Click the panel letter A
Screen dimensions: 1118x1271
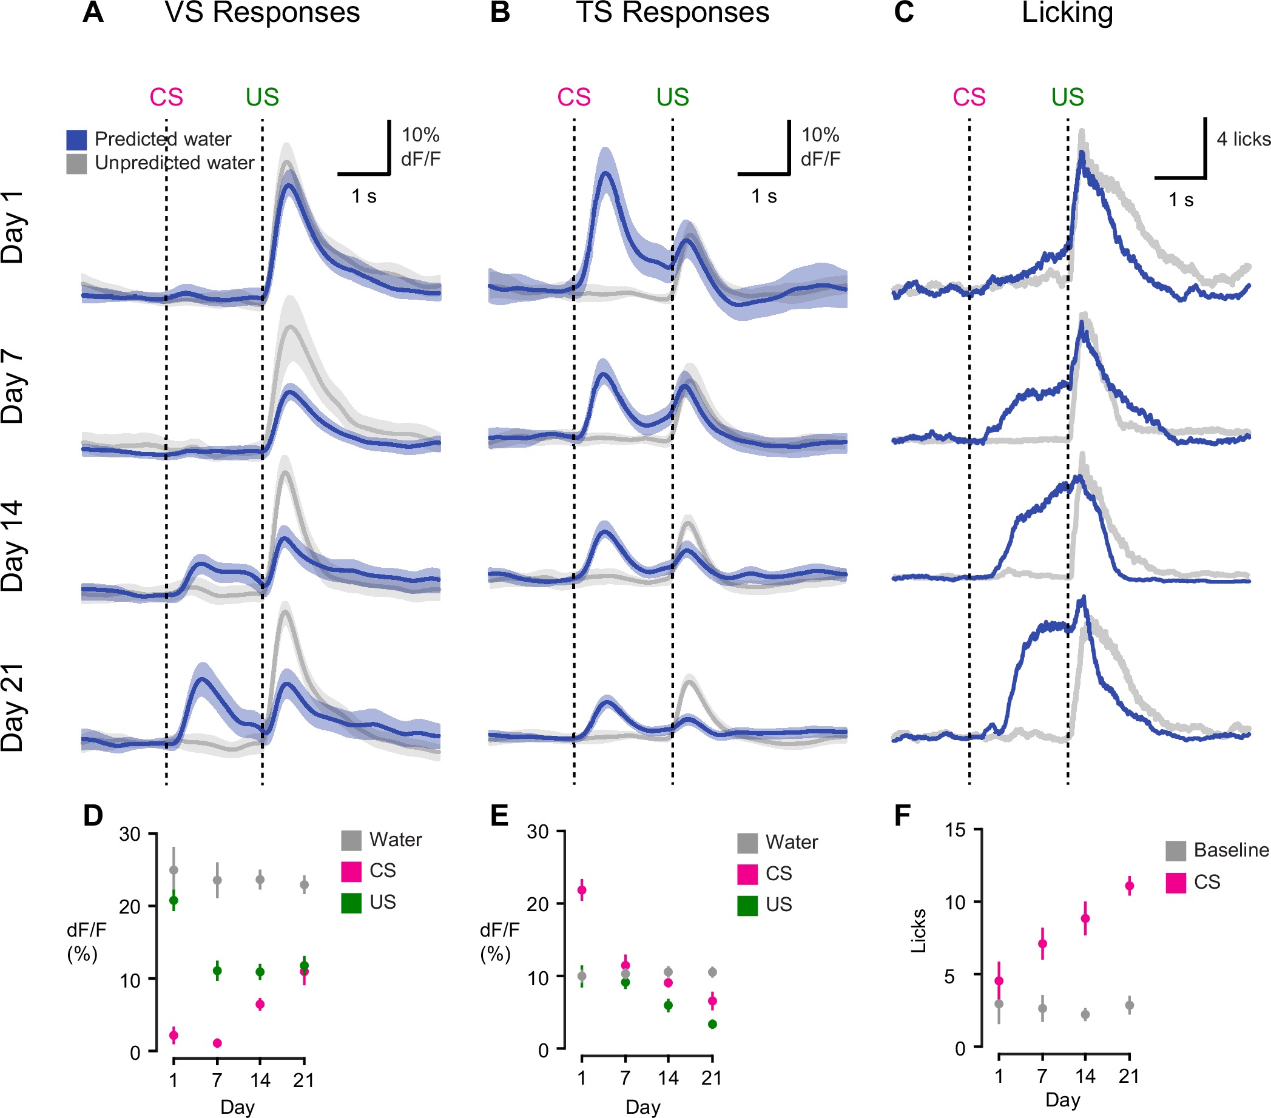tap(93, 13)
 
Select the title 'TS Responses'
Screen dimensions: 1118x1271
tap(672, 13)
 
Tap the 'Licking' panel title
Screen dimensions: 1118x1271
tap(1067, 13)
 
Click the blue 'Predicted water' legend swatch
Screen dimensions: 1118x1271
tap(76, 140)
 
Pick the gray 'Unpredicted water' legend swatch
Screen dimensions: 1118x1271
tap(76, 164)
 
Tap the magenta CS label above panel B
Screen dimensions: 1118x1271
tap(573, 98)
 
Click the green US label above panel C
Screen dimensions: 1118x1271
tap(1067, 98)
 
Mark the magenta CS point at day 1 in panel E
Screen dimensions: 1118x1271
tap(581, 891)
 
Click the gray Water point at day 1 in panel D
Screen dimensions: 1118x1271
tap(174, 870)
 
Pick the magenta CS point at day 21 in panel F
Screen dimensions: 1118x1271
tap(1129, 886)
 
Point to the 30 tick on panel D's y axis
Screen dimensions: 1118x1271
tap(130, 835)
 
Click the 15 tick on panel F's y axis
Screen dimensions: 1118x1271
tap(956, 830)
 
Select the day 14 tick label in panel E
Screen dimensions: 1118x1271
tap(668, 1078)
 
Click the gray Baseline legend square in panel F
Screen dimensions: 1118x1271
tap(1175, 850)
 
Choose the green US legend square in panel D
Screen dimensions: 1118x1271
tap(351, 903)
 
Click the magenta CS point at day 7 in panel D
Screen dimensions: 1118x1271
tap(217, 1043)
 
